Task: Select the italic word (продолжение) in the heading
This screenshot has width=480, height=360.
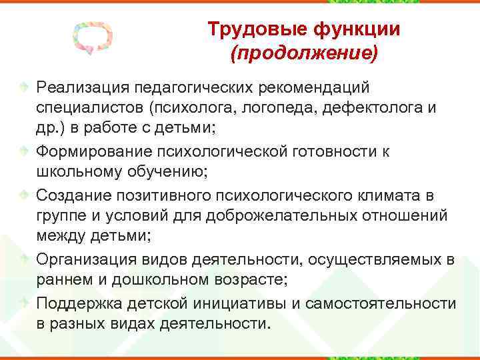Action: [x=303, y=53]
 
